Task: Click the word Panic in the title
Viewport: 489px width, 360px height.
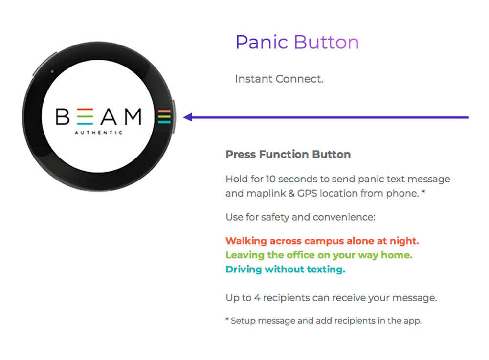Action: (262, 43)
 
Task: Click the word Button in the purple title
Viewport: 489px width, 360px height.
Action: (327, 42)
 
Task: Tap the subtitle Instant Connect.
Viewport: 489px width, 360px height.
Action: (279, 79)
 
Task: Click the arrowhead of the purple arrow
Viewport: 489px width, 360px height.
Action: (187, 117)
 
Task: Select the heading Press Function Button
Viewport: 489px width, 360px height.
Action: (288, 154)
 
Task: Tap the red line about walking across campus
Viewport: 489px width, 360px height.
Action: (322, 241)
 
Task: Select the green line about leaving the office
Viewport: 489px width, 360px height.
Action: (319, 255)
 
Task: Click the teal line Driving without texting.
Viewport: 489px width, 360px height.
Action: (286, 269)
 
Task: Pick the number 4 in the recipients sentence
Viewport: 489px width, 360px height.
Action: (257, 298)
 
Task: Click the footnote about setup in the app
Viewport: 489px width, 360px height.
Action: (324, 321)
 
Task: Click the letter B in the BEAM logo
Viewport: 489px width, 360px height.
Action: (63, 116)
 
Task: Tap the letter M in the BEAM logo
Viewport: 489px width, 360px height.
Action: (133, 116)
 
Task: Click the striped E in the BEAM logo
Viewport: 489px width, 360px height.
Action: (85, 116)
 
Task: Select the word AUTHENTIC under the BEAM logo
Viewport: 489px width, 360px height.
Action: (99, 132)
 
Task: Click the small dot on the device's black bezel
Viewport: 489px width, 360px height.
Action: (52, 71)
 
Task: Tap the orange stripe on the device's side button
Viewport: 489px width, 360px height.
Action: (164, 111)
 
